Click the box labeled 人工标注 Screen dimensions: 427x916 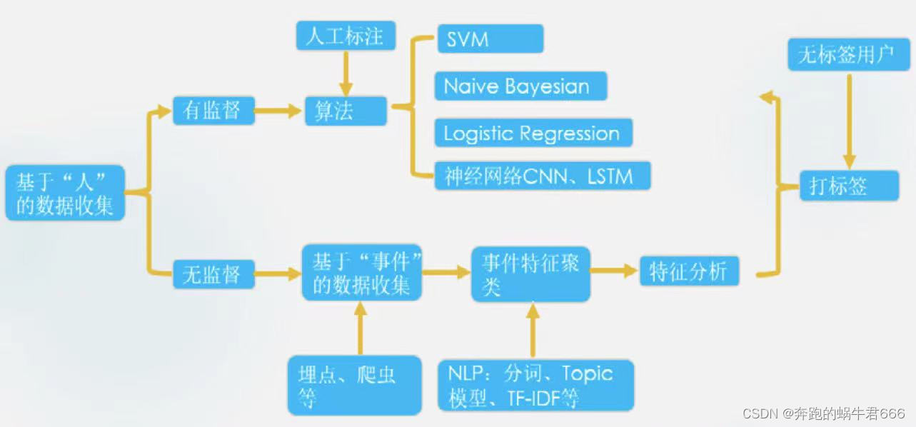[x=345, y=36]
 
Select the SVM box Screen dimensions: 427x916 [x=490, y=39]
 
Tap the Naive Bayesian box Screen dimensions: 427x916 [x=520, y=86]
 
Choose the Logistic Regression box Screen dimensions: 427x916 [x=533, y=133]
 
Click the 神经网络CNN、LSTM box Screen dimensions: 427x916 [x=543, y=176]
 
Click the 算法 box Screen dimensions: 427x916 [x=346, y=111]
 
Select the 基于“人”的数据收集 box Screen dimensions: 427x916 [x=65, y=193]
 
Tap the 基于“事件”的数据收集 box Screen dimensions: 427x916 [x=361, y=273]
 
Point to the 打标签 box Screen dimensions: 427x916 [x=848, y=186]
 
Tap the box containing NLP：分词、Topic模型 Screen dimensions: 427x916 [x=535, y=385]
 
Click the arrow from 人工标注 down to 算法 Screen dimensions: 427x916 [x=346, y=73]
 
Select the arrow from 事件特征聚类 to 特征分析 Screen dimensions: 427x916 [x=614, y=271]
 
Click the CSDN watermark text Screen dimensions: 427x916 [x=823, y=413]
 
